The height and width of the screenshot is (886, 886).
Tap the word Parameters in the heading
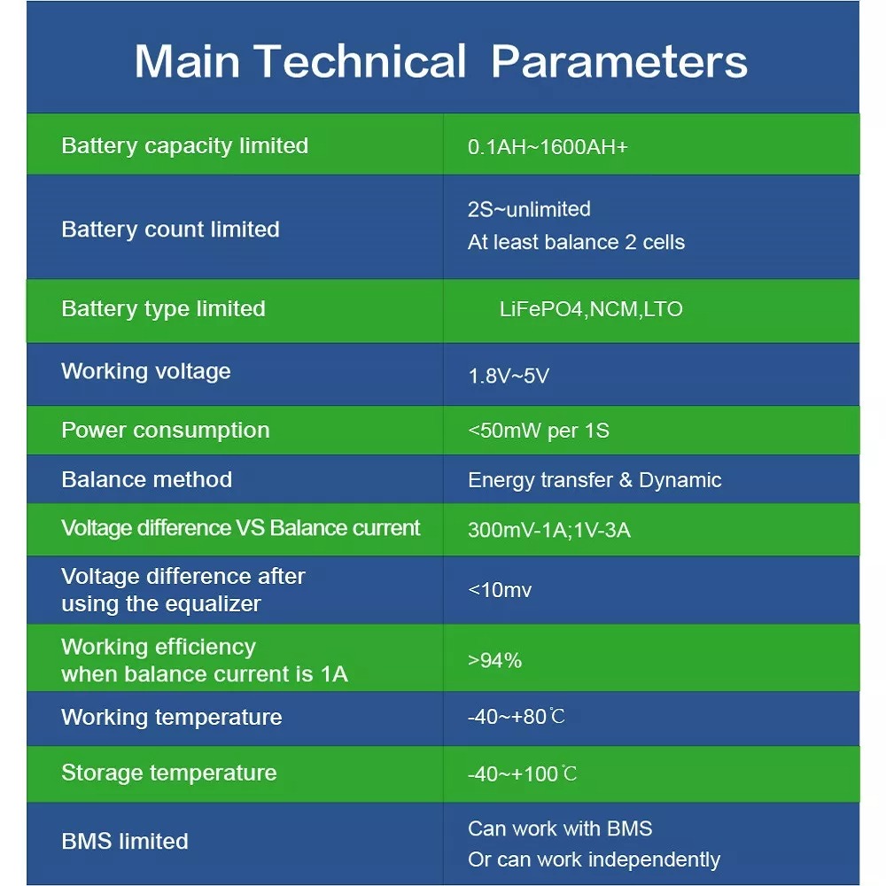tap(619, 60)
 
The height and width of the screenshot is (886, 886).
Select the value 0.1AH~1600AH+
tap(548, 147)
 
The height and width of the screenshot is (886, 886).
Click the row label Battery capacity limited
tap(185, 146)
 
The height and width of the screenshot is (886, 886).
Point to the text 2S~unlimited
tap(529, 209)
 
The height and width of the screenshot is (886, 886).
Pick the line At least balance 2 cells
tap(576, 242)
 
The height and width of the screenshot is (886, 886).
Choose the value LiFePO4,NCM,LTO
tap(591, 309)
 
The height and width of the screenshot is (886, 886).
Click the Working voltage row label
tap(146, 372)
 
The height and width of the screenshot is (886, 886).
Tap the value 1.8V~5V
tap(509, 376)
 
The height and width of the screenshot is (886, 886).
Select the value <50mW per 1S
tap(539, 431)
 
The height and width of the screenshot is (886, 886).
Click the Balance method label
tap(147, 479)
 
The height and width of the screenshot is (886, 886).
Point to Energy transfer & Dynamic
tap(595, 480)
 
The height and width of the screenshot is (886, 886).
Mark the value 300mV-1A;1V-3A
tap(548, 530)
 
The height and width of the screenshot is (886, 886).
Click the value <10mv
tap(500, 590)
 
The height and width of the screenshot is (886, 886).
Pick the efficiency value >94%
tap(494, 661)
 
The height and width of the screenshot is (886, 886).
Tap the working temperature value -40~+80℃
tap(517, 717)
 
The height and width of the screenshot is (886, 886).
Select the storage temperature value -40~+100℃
tap(523, 773)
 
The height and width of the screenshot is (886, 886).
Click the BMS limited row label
tap(125, 842)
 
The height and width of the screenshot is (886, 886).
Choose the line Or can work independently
tap(594, 860)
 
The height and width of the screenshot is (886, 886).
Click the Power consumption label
tap(166, 431)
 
